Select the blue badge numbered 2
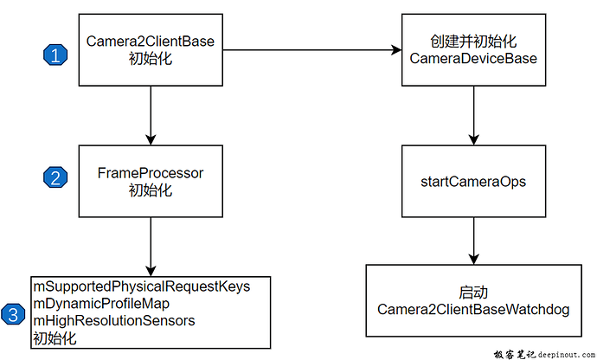tap(56, 177)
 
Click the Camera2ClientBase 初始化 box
tap(151, 49)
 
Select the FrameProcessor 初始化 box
tap(151, 181)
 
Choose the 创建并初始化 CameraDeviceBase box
tap(473, 49)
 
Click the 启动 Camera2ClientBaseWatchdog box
tap(473, 301)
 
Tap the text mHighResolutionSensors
tap(113, 321)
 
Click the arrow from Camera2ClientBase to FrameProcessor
tap(151, 114)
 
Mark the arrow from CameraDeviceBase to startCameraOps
tap(473, 114)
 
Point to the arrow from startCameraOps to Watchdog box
tap(473, 241)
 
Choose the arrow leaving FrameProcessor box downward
tap(151, 246)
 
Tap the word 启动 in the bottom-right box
tap(473, 292)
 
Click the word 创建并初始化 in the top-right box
tap(473, 41)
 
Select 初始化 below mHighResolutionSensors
tap(54, 338)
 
